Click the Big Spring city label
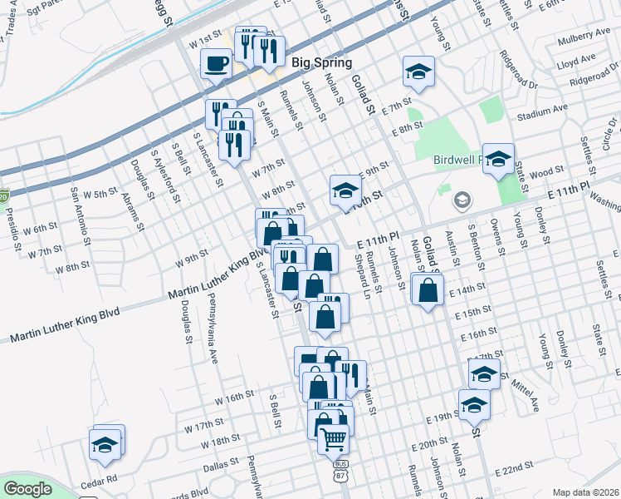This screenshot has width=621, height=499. (321, 62)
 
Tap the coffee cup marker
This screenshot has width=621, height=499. (216, 64)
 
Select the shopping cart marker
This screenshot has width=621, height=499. (333, 437)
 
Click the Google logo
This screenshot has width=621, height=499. (27, 489)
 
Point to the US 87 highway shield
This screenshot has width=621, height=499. (340, 470)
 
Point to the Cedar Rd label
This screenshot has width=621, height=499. (100, 480)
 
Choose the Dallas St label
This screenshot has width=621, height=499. (221, 467)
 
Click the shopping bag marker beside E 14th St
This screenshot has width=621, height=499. (428, 292)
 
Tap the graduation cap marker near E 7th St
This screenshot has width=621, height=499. (418, 72)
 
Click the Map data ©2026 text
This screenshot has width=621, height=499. (586, 492)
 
